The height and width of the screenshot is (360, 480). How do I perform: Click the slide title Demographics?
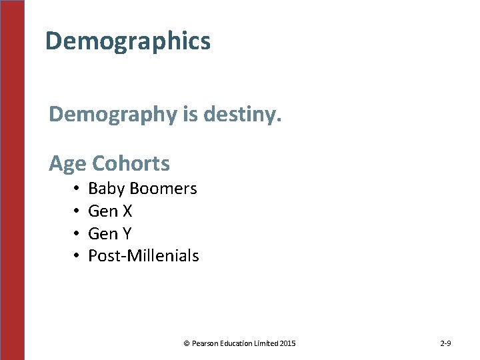(128, 41)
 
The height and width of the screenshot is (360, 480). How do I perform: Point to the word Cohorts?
(131, 163)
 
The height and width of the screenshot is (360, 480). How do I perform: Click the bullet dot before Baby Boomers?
(77, 189)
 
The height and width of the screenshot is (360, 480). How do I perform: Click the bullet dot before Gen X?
(77, 211)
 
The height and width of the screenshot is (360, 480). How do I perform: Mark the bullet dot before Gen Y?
(77, 234)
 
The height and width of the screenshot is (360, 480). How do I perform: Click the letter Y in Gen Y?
(127, 234)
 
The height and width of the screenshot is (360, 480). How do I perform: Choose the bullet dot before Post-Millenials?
(77, 256)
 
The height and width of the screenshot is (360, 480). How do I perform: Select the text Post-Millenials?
(143, 256)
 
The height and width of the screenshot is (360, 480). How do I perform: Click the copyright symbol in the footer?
(187, 344)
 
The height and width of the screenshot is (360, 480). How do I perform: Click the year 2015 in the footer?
(288, 344)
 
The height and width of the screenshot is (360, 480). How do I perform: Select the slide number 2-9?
(445, 344)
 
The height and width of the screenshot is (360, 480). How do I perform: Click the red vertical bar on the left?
(12, 180)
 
